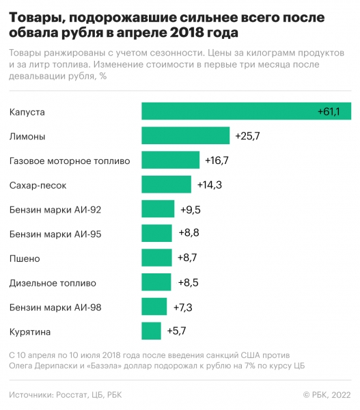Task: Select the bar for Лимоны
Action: click(x=185, y=136)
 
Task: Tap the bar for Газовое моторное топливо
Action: click(x=170, y=161)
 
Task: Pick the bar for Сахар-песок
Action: click(x=166, y=184)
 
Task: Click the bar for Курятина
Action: click(x=151, y=331)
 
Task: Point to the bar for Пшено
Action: click(x=156, y=258)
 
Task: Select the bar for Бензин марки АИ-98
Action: click(x=154, y=307)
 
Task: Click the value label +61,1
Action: click(x=333, y=111)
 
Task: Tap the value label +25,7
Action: click(x=247, y=136)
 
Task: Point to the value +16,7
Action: click(x=217, y=161)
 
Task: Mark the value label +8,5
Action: click(x=189, y=283)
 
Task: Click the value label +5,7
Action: click(x=176, y=331)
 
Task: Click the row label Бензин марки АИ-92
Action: click(x=55, y=209)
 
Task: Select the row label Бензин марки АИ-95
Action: click(x=55, y=234)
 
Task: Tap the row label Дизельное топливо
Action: click(x=53, y=283)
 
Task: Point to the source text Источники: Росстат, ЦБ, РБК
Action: click(x=70, y=394)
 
